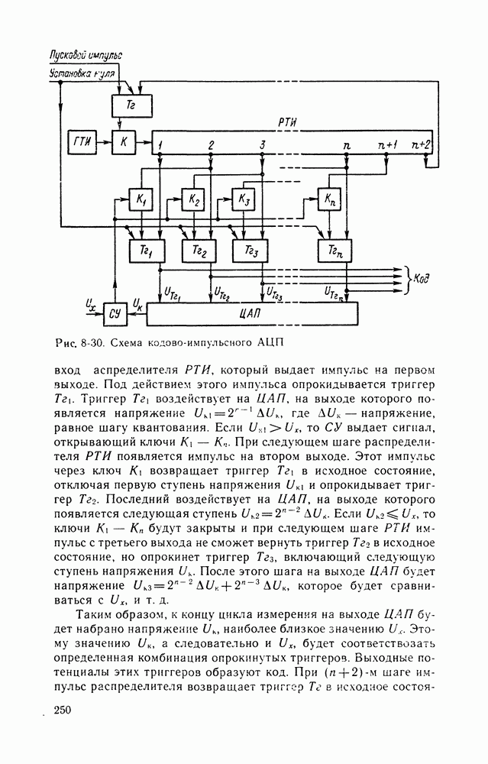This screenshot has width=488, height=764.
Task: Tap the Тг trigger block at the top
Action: tap(131, 105)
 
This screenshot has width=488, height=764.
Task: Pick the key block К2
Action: tap(194, 200)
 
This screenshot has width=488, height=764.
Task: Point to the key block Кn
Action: tap(329, 199)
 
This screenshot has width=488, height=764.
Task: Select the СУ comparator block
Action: tap(115, 312)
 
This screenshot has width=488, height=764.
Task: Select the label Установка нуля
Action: tap(82, 73)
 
